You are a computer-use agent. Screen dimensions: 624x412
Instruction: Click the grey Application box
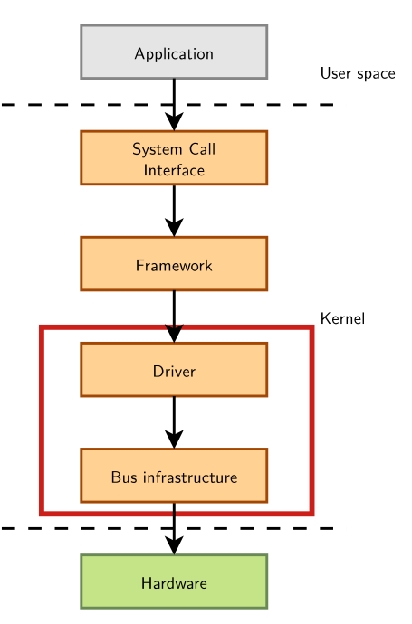(x=174, y=52)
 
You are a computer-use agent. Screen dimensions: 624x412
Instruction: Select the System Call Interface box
(x=174, y=158)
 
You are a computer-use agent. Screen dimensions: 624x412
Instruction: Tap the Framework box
(x=174, y=264)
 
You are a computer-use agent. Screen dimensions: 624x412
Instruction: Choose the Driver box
(x=174, y=370)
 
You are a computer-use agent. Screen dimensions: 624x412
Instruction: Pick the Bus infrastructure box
(x=174, y=476)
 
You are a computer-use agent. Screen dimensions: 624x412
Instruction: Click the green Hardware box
(x=174, y=581)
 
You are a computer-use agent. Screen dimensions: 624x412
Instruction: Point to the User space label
(x=358, y=73)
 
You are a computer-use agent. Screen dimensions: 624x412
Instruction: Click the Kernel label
(x=342, y=318)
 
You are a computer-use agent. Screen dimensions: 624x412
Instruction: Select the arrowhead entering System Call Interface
(x=174, y=121)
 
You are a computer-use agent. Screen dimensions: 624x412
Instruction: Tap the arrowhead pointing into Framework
(x=174, y=227)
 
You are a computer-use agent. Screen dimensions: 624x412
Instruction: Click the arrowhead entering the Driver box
(x=174, y=333)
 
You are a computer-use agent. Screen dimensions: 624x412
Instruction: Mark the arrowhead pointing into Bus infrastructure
(x=174, y=439)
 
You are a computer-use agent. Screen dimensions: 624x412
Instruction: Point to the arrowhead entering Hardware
(x=174, y=544)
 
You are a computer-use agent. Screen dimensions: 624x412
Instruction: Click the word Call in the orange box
(x=202, y=149)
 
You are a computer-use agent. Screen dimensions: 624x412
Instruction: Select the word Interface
(x=174, y=170)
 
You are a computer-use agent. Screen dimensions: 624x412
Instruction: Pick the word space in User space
(x=376, y=74)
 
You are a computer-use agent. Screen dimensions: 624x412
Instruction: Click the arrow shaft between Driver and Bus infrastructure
(x=174, y=411)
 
